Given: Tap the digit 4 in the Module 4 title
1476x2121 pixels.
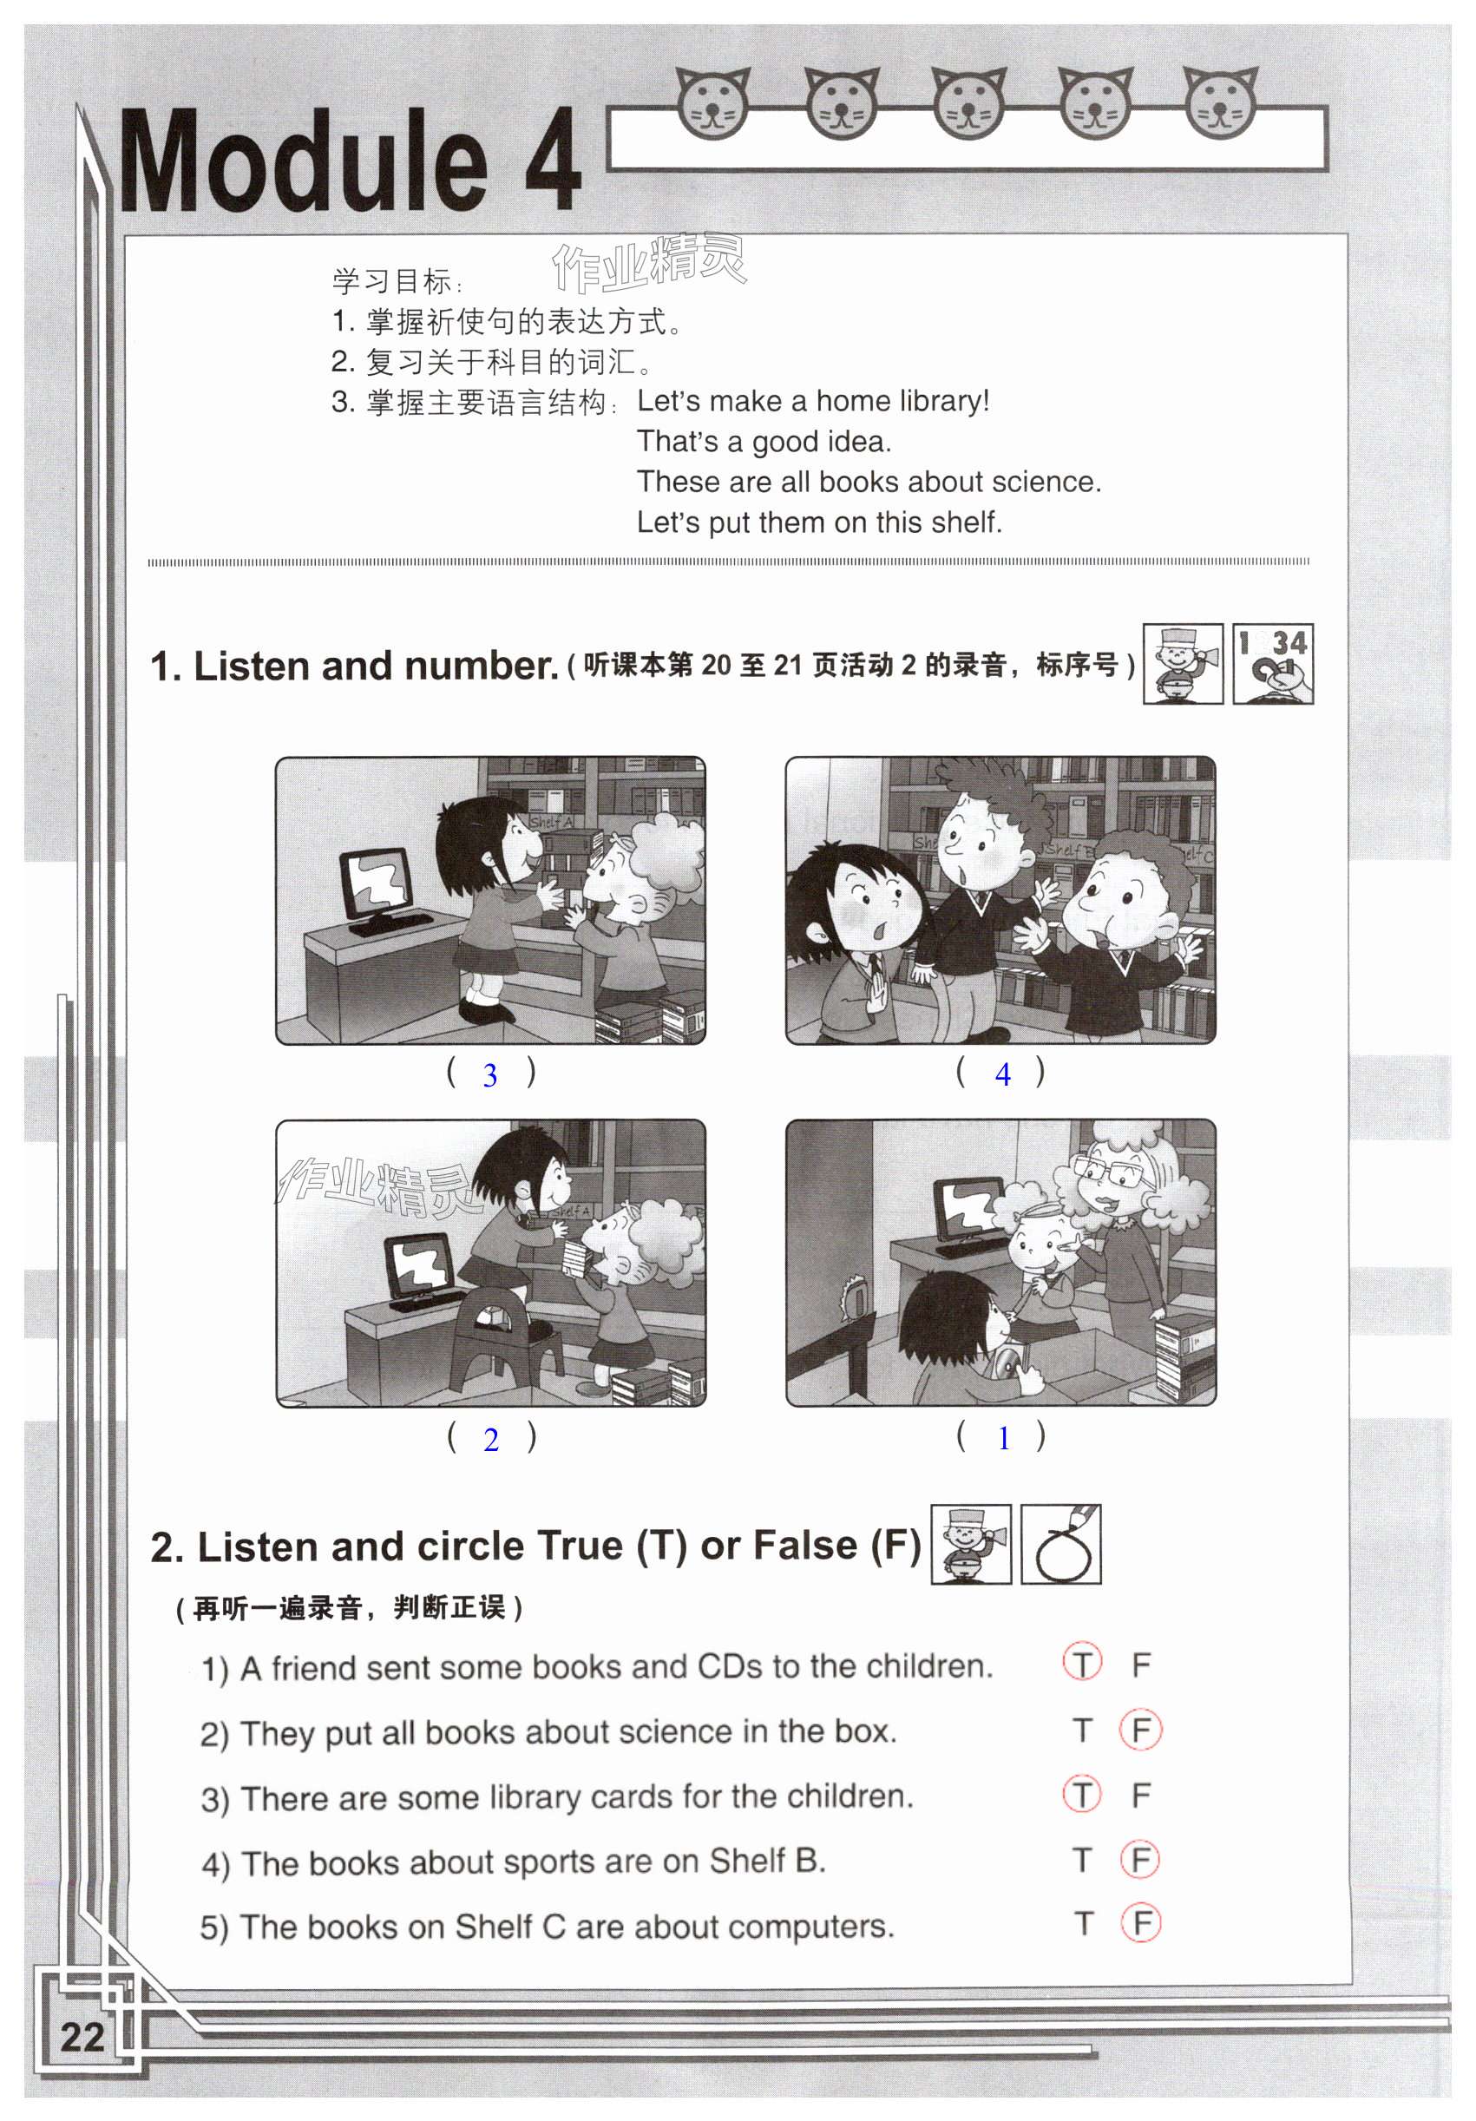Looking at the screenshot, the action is click(x=553, y=160).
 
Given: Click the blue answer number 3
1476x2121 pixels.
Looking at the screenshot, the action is click(x=489, y=1074).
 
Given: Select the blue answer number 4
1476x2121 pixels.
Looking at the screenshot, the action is click(x=1002, y=1074).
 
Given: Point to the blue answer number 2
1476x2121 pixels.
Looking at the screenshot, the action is click(x=490, y=1439).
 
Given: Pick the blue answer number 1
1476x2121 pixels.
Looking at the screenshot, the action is click(x=1003, y=1437).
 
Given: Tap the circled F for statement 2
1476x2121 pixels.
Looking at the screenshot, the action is click(x=1141, y=1730).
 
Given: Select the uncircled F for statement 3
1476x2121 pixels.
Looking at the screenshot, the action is click(x=1142, y=1794).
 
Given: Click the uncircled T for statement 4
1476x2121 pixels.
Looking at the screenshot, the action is click(x=1083, y=1859).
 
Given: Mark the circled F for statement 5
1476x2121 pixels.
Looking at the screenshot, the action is click(x=1141, y=1923).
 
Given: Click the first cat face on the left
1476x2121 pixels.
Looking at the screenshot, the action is click(x=713, y=102).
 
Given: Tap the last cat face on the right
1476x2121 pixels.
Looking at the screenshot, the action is click(x=1220, y=102).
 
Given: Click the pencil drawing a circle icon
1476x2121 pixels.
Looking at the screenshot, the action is click(x=1060, y=1544).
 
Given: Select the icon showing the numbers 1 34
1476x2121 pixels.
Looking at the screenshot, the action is click(x=1273, y=663).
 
